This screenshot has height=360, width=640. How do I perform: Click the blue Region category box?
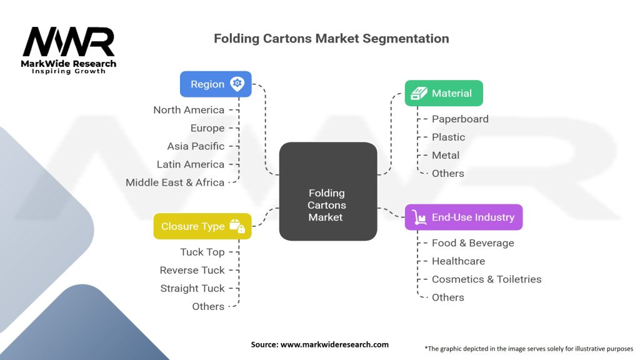coord(216,84)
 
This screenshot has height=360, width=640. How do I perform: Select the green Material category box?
coord(444,93)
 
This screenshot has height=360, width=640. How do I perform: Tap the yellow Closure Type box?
coord(202,226)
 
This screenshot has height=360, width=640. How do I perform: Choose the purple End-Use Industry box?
coord(463,217)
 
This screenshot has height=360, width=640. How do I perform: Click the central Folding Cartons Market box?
coord(327,191)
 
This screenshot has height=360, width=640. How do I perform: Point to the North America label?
coord(189,110)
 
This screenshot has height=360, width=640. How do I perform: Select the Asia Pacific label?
coord(196,146)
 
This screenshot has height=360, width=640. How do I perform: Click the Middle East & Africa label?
coord(175,182)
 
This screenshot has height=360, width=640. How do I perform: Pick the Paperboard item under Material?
coord(460,119)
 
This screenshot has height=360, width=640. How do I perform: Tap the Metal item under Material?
coord(445,155)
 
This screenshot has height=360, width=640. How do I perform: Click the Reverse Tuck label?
coord(192,270)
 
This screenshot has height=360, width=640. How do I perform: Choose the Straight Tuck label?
coord(192,288)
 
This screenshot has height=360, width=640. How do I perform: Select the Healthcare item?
coord(458,261)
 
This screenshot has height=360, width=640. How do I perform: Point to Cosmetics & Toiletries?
coord(486,279)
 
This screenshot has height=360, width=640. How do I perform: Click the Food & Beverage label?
coord(472,243)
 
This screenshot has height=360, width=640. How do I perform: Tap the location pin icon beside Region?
coord(237,84)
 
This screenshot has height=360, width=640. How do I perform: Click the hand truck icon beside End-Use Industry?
coord(418,217)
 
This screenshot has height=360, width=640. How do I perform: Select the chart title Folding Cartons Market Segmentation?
coord(331,38)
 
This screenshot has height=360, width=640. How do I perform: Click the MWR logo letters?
coord(69,42)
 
